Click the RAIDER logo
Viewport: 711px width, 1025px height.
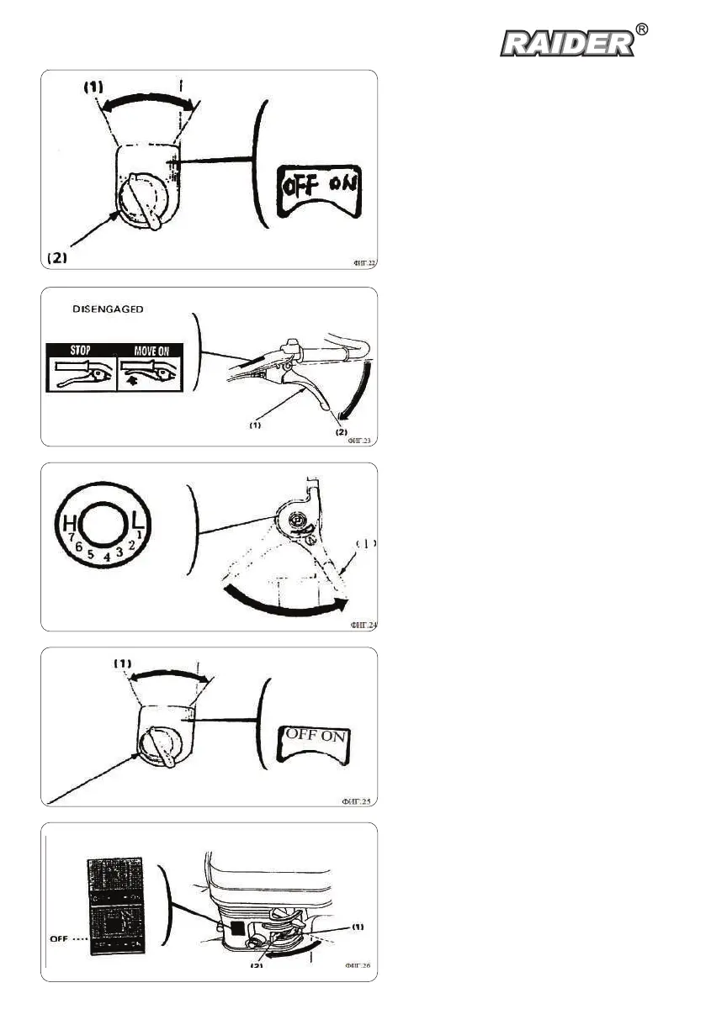point(568,43)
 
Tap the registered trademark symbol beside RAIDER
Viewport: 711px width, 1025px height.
point(642,29)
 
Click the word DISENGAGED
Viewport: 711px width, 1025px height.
point(109,309)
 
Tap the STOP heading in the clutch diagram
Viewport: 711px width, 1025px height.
point(81,350)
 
